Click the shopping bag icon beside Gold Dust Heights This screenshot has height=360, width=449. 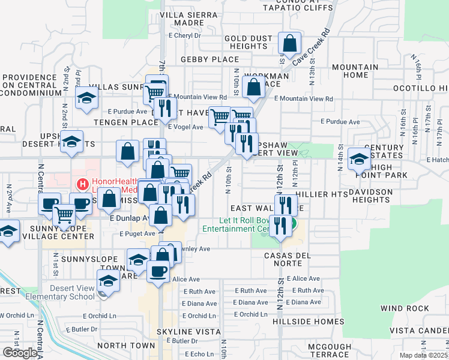[x=290, y=44]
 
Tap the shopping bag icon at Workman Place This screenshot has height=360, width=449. [x=254, y=86]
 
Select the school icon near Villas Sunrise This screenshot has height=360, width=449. [x=86, y=98]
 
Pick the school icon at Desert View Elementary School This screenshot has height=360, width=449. [x=108, y=281]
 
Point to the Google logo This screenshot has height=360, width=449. [x=19, y=352]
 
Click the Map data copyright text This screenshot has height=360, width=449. [x=423, y=355]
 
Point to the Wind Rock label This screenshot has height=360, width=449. [x=405, y=308]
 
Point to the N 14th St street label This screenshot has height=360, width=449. [x=340, y=159]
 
